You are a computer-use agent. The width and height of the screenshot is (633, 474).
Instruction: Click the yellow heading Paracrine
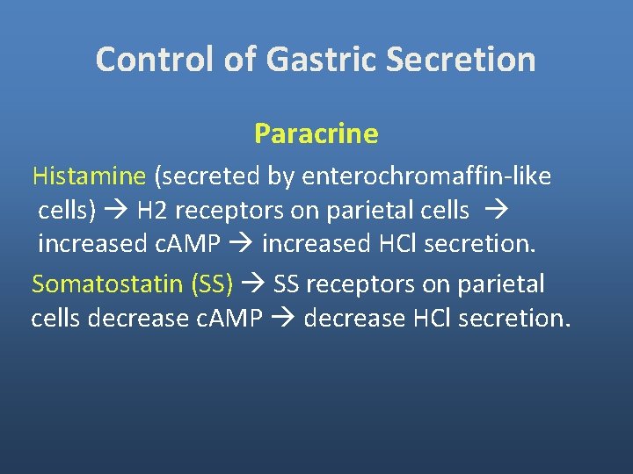316,133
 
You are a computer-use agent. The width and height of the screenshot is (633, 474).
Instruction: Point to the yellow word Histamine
89,176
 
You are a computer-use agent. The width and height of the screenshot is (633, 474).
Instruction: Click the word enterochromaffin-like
426,176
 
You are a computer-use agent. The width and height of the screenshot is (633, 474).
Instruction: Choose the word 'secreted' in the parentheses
208,176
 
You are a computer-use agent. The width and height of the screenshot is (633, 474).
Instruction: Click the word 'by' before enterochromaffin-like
280,176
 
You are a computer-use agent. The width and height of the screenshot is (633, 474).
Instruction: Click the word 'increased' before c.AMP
91,245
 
